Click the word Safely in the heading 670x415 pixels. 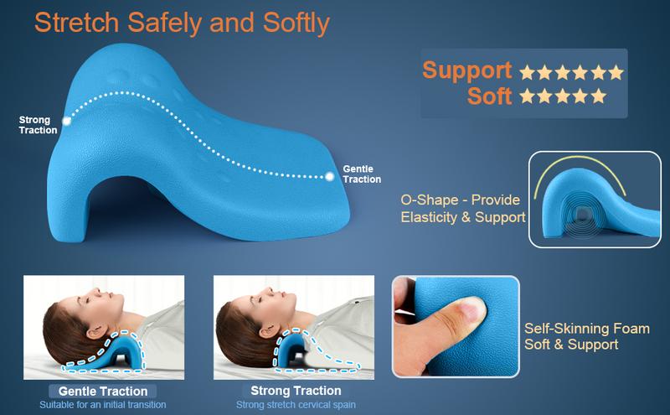(164, 23)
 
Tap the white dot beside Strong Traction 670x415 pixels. (67, 121)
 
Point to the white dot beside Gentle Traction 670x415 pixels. (329, 176)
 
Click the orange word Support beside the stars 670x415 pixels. (467, 70)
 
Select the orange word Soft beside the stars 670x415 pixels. (489, 96)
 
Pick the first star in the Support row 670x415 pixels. (528, 72)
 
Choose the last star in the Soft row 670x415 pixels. (599, 96)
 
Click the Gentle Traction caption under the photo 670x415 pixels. (103, 391)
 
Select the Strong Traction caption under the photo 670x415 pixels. (296, 391)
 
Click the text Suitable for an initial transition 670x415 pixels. (103, 405)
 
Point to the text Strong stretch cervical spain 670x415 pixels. (296, 405)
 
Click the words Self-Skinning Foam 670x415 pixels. (587, 329)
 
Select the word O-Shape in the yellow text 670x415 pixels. (429, 200)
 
